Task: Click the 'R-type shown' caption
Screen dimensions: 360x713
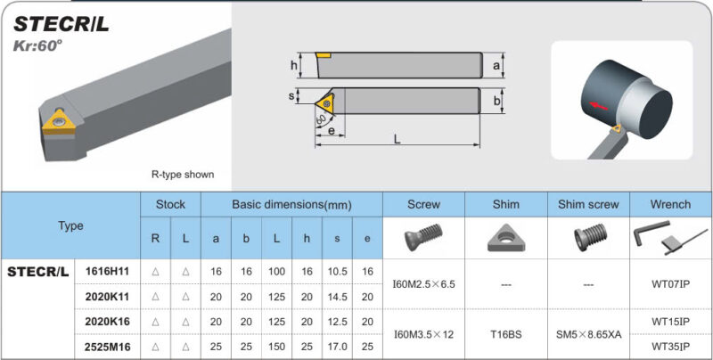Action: pyautogui.click(x=183, y=175)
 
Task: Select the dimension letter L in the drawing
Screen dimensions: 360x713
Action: pyautogui.click(x=396, y=139)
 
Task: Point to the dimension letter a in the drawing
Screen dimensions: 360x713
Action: pyautogui.click(x=496, y=65)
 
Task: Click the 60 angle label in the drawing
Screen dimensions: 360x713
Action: pyautogui.click(x=320, y=117)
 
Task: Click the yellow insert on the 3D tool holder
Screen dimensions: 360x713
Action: pyautogui.click(x=61, y=126)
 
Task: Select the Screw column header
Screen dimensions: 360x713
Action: pyautogui.click(x=423, y=204)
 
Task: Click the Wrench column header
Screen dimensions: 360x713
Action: pyautogui.click(x=670, y=204)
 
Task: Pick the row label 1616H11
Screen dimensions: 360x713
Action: pyautogui.click(x=107, y=271)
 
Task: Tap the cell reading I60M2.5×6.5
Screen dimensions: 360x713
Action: pyautogui.click(x=423, y=283)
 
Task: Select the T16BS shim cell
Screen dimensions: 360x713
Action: pyautogui.click(x=505, y=333)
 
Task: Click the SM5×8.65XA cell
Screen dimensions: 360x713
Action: pyautogui.click(x=588, y=333)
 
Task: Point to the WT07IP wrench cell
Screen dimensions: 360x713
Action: pyautogui.click(x=670, y=283)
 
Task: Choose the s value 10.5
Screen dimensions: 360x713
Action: pyautogui.click(x=337, y=271)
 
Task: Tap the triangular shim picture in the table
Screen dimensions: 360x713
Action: pyautogui.click(x=505, y=238)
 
